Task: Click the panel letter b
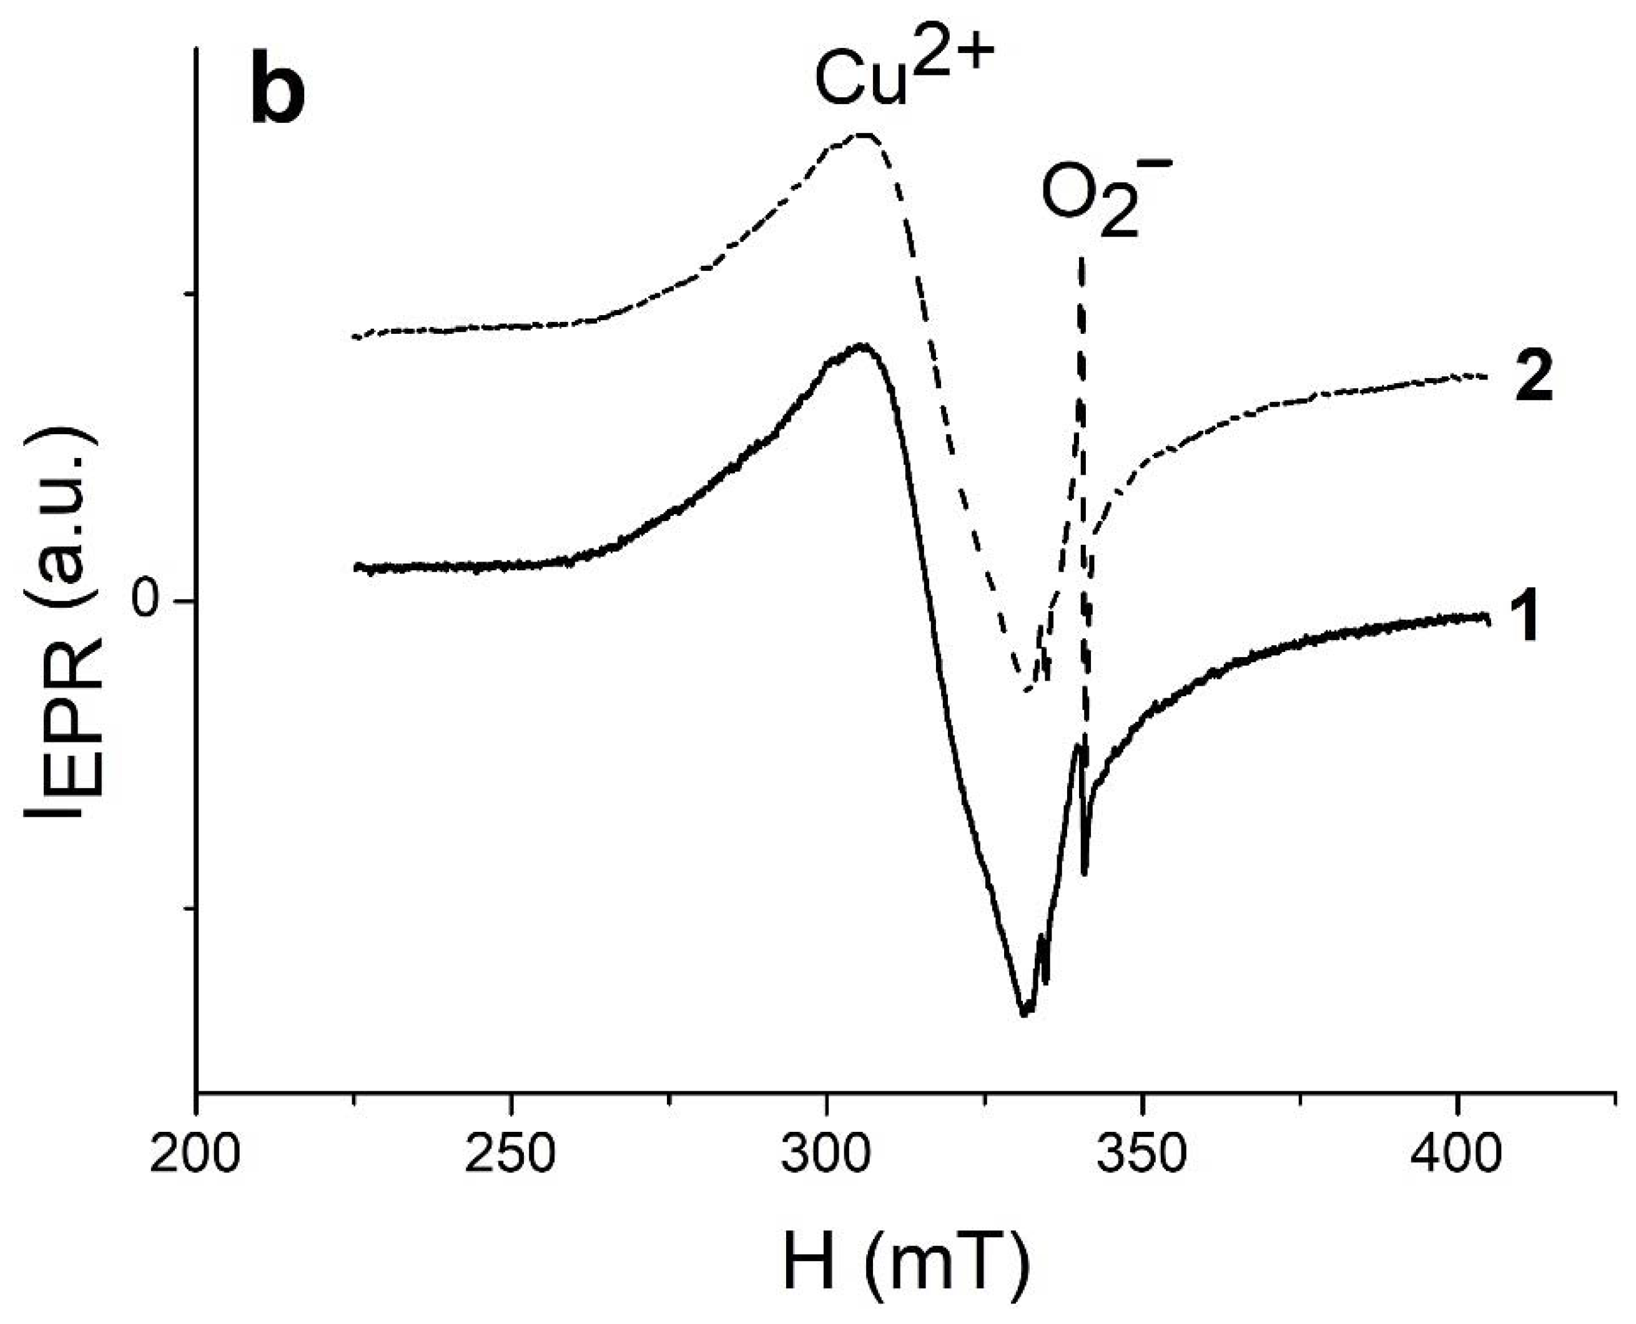278,97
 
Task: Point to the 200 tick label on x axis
195,1157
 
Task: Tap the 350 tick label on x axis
1141,1157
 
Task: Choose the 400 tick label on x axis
1457,1157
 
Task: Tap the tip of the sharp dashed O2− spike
1082,260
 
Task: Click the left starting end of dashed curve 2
354,336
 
